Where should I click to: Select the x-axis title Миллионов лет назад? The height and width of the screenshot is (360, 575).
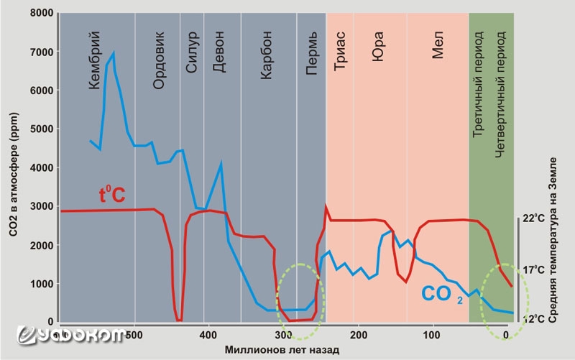(x=281, y=349)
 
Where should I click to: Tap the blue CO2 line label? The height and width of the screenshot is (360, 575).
(x=443, y=294)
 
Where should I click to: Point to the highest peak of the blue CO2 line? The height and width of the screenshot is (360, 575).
(x=113, y=53)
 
